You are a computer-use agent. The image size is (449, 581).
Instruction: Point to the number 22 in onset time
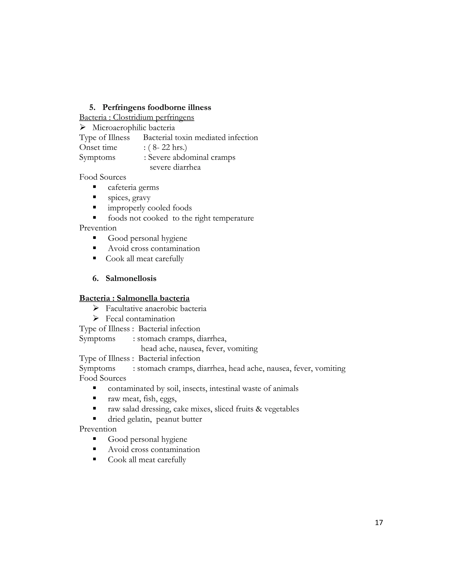(166, 147)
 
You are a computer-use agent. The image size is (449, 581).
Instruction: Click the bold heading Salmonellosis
(131, 278)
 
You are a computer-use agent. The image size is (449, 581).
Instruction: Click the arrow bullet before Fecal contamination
(96, 318)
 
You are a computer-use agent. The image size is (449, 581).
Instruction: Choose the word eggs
(168, 399)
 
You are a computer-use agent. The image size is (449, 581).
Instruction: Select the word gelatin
(139, 419)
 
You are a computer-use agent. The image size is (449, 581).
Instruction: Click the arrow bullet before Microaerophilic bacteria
(82, 127)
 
